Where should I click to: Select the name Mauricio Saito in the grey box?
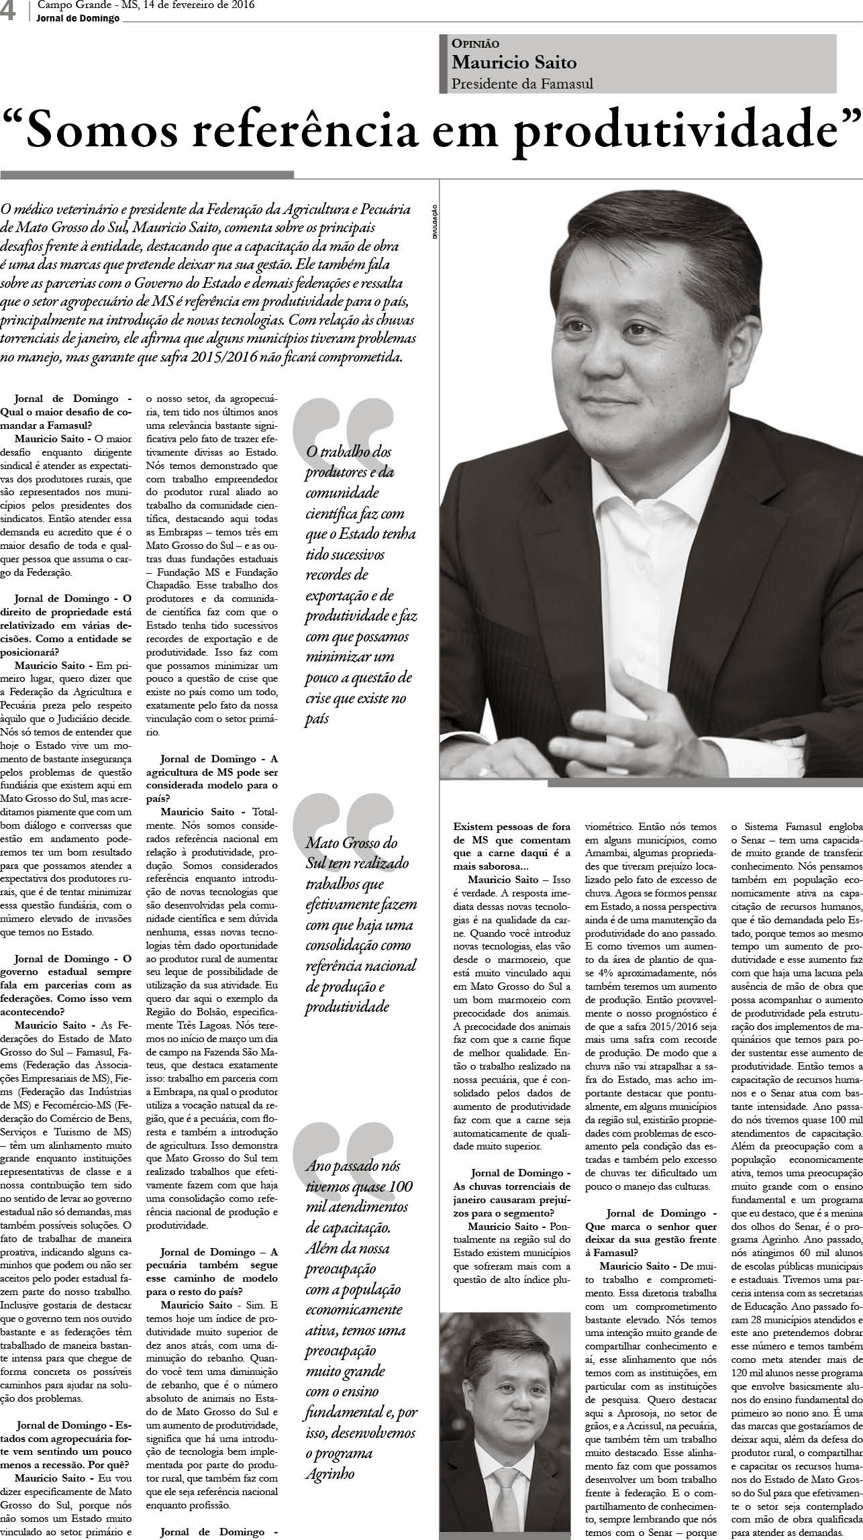514,62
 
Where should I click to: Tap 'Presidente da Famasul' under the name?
522,84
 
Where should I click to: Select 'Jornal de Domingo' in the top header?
78,18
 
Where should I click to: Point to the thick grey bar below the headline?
147,174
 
